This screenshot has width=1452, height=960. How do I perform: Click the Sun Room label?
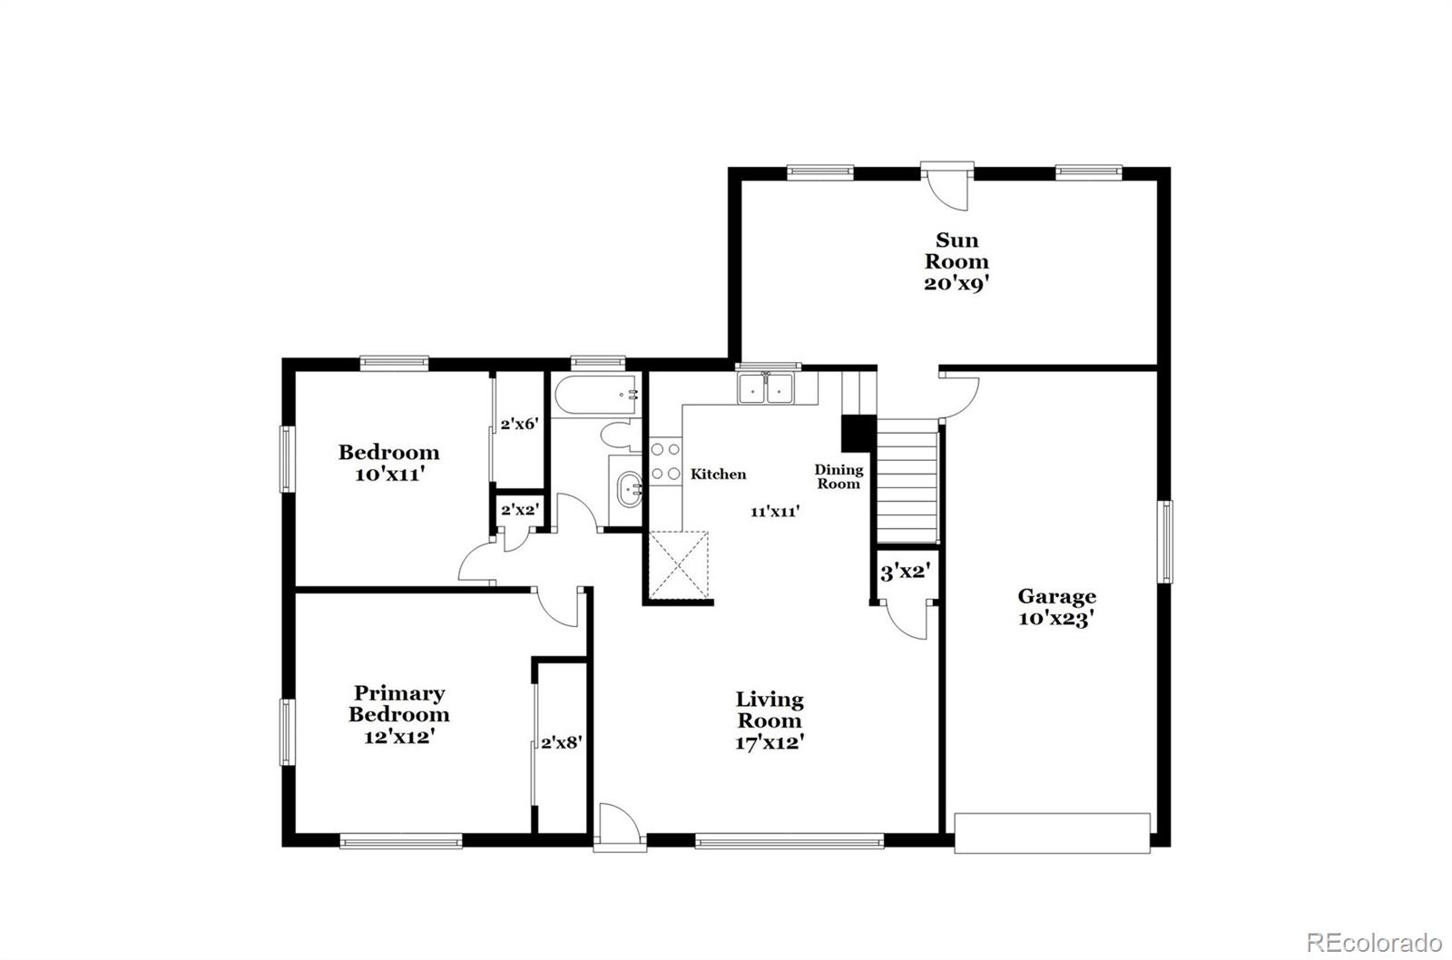pos(957,250)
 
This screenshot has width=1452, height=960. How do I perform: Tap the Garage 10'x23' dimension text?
pos(1056,620)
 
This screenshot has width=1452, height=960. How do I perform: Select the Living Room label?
pos(769,710)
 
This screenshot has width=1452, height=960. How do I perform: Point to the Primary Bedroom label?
pos(398,703)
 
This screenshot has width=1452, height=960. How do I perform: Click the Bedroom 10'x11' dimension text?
pos(389,474)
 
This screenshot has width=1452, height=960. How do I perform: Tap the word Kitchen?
pos(718,474)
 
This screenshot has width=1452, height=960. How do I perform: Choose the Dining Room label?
pos(838,476)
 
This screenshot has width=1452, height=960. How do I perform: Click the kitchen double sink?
pos(766,387)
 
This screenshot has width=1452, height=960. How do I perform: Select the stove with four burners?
pos(665,461)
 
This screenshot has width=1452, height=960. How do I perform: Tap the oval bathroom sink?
pos(627,491)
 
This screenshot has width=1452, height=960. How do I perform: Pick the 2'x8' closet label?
pos(561,742)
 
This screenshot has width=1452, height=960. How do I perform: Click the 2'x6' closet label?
pos(520,423)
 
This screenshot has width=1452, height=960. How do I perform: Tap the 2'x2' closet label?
pos(520,510)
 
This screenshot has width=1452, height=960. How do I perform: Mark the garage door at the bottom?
pos(1053,832)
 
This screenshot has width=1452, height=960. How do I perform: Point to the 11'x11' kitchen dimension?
pos(774,511)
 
